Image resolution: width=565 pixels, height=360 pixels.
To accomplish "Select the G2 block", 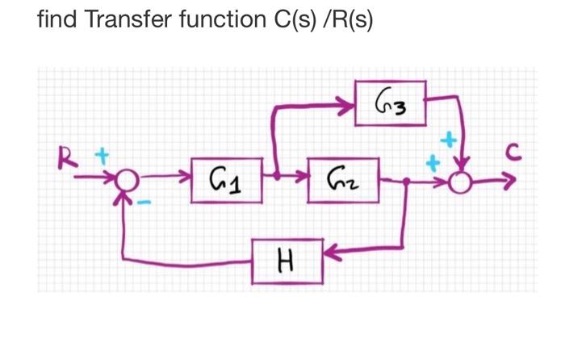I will tap(343, 175).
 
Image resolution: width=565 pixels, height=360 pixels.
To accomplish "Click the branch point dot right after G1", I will tap(276, 174).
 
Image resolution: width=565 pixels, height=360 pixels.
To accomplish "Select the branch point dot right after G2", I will tap(405, 182).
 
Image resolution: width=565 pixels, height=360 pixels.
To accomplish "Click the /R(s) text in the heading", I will tap(345, 19).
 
